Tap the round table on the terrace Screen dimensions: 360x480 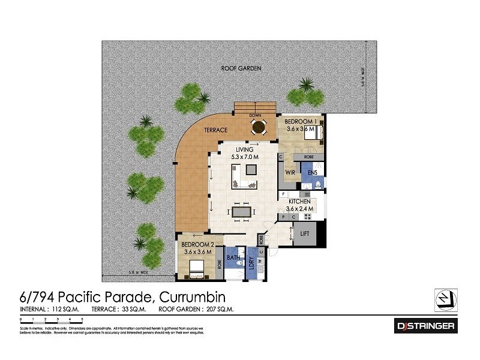259,127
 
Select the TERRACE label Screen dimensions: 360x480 215,130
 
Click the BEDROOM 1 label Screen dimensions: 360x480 300,121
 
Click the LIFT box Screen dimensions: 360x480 304,233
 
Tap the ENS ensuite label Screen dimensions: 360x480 313,173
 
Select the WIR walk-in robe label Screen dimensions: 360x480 290,173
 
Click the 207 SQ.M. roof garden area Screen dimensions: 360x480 220,310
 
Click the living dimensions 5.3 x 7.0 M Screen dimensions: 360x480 242,157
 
